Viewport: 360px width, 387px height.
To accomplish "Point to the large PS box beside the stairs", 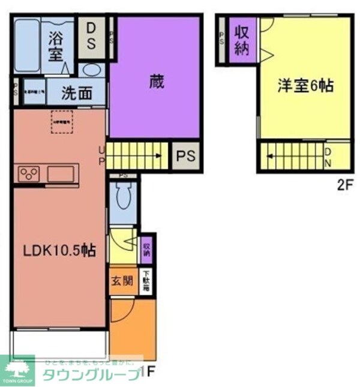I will (185, 156).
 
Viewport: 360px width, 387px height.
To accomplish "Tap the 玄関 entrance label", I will (122, 281).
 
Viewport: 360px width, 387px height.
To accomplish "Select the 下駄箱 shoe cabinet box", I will (146, 281).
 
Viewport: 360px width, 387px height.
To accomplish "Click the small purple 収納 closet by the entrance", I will (146, 249).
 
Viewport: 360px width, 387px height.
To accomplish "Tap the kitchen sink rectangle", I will (62, 175).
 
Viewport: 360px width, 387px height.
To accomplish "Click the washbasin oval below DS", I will (92, 69).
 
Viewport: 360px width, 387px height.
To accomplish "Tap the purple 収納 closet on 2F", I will (241, 40).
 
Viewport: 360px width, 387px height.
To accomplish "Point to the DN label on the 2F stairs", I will (328, 157).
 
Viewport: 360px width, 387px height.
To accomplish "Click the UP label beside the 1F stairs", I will (101, 155).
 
